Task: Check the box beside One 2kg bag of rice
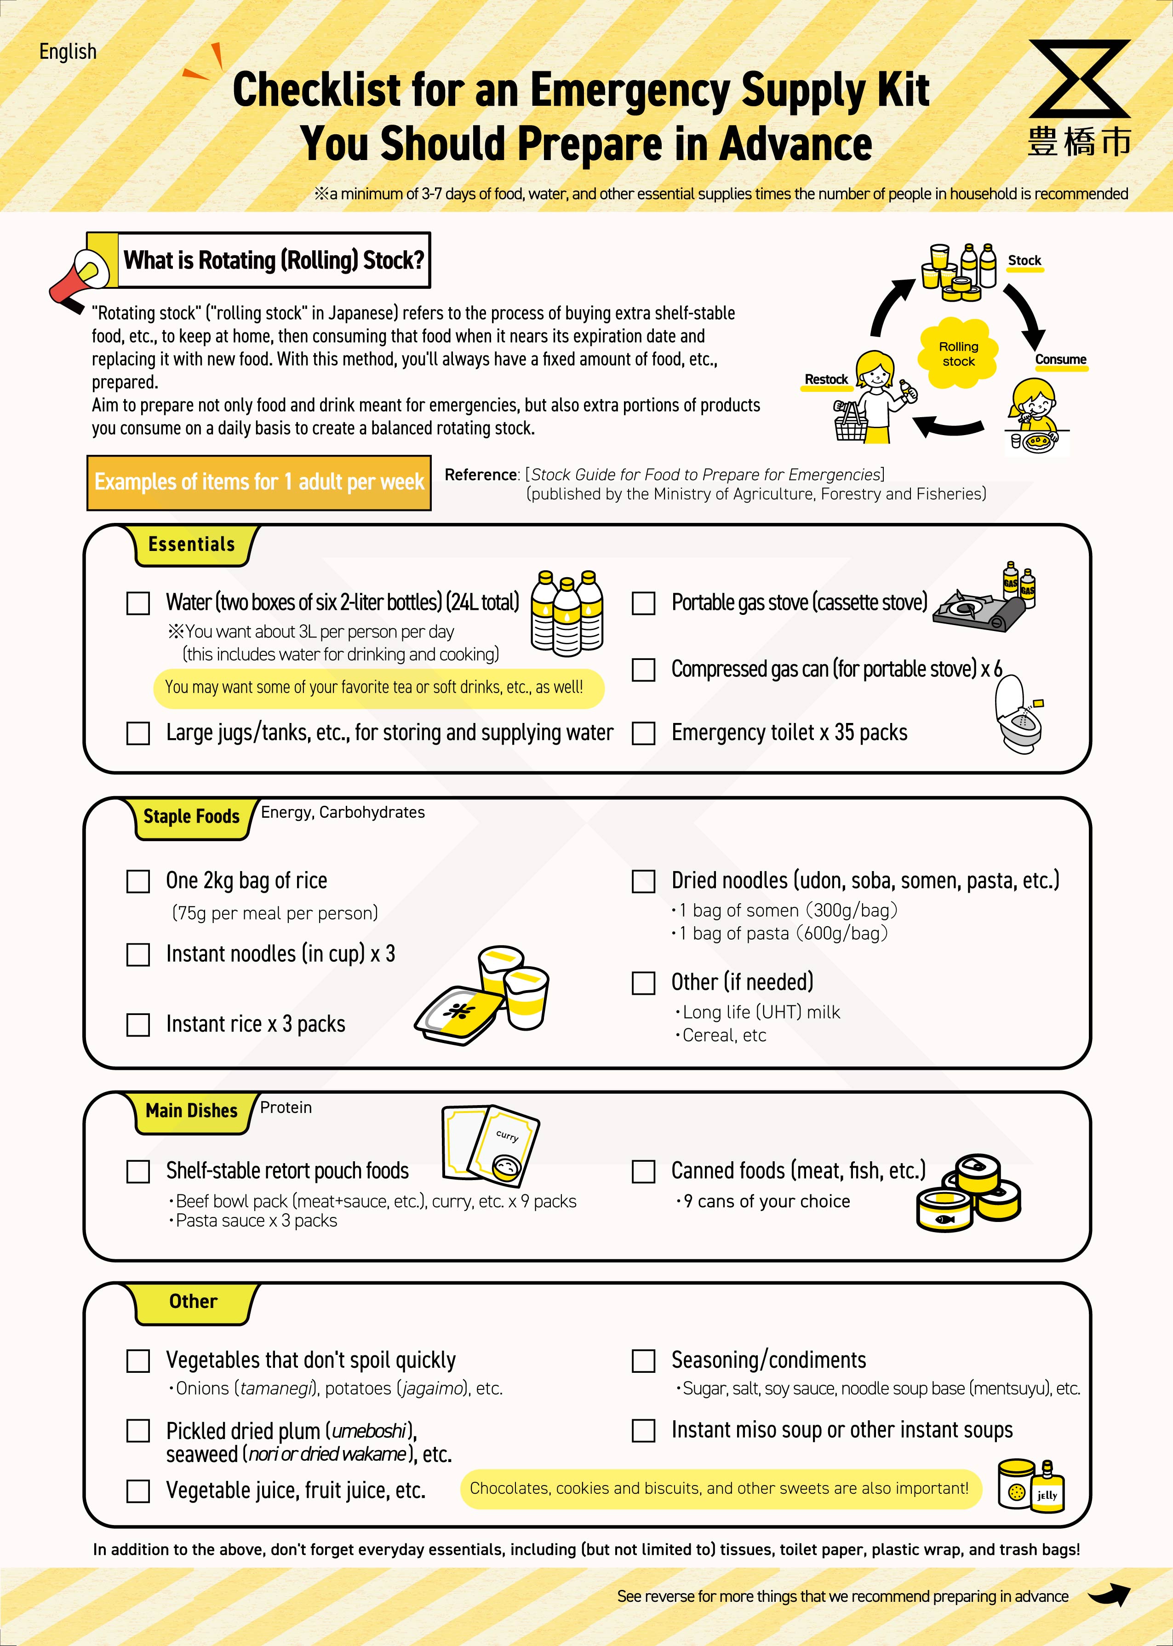(x=138, y=881)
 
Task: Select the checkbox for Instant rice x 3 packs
(x=138, y=1024)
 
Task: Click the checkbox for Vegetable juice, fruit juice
(x=138, y=1491)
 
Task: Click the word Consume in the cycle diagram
(x=1060, y=360)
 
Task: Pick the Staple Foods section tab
(x=191, y=817)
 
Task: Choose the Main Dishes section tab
(x=191, y=1111)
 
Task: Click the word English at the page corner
(x=68, y=52)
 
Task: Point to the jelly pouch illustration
(x=1047, y=1488)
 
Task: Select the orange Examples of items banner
(x=258, y=482)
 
